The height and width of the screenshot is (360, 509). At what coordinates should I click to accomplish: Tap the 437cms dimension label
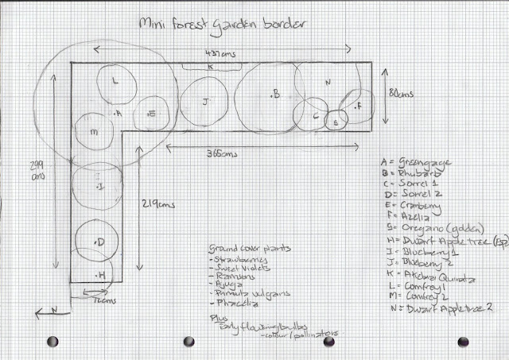[x=218, y=53]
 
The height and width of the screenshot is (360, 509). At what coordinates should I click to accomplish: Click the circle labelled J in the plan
[x=205, y=102]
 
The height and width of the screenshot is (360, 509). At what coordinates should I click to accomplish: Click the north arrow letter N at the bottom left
[x=46, y=310]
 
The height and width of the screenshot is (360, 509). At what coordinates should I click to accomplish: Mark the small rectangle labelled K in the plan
[x=209, y=67]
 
